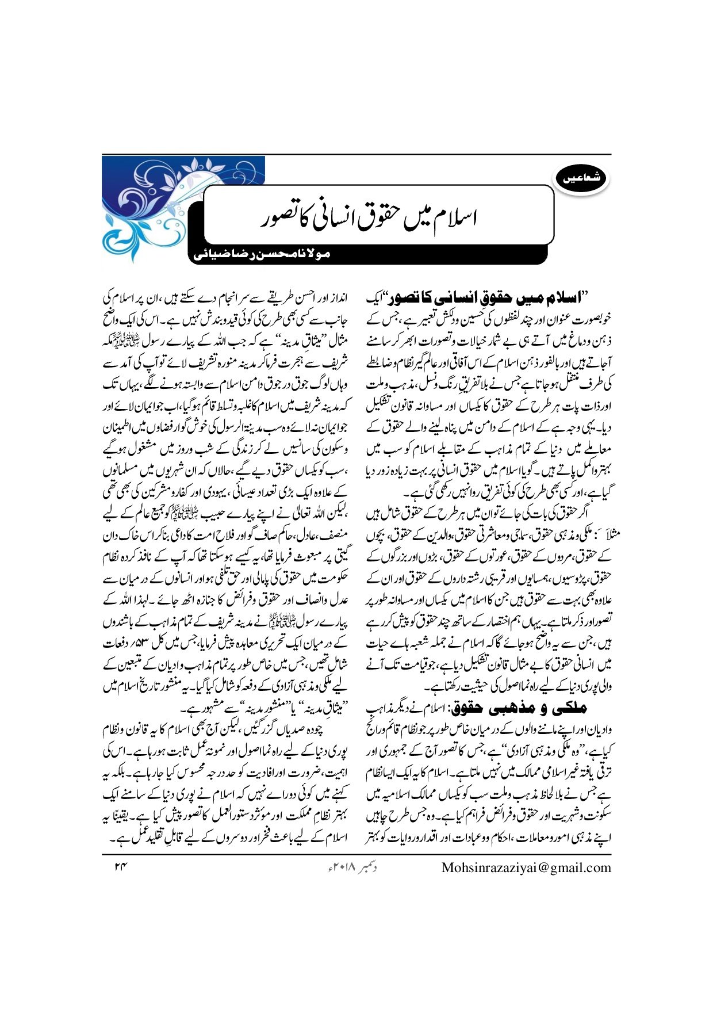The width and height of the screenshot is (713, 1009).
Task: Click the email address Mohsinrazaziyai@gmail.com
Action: (x=526, y=867)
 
